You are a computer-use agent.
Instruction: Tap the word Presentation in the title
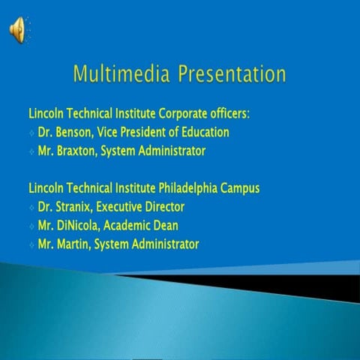pos(232,75)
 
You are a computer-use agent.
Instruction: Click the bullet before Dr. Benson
pos(31,133)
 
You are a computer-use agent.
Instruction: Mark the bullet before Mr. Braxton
pos(31,151)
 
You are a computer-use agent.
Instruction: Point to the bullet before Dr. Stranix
pos(31,207)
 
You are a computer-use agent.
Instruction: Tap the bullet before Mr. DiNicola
pos(31,226)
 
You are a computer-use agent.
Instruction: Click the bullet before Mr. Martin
pos(31,244)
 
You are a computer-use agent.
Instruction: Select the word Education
pos(203,132)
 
